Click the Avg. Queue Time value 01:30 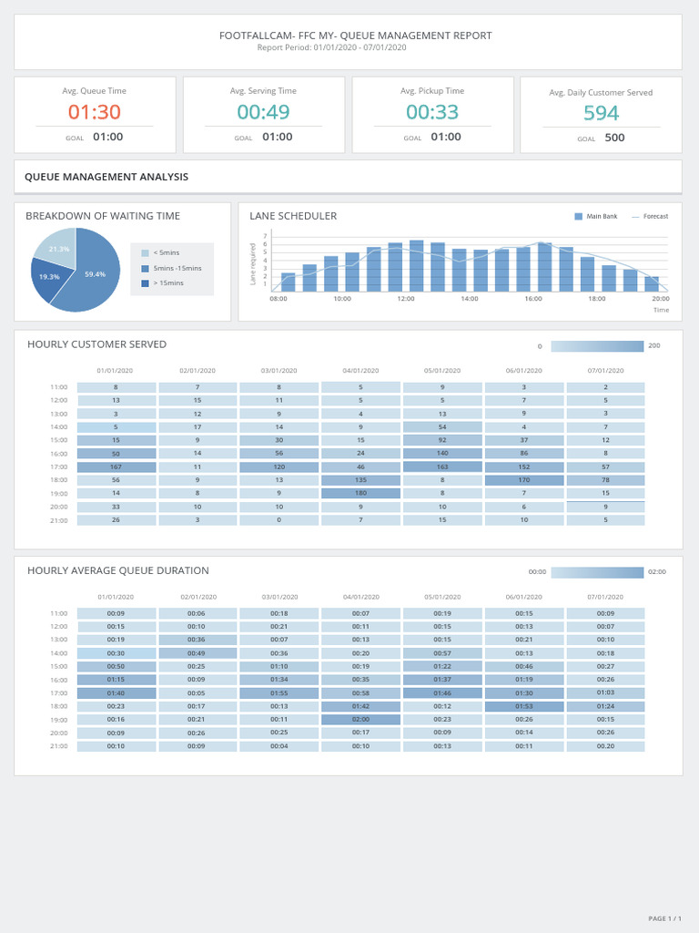[x=95, y=112]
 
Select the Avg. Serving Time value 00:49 [x=264, y=112]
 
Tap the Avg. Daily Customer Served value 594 [x=601, y=113]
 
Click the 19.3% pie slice [x=49, y=277]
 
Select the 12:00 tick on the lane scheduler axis [x=406, y=299]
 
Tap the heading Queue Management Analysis [x=106, y=177]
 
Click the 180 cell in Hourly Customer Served [x=360, y=493]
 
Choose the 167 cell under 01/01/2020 [x=116, y=466]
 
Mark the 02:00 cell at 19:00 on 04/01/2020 [x=360, y=719]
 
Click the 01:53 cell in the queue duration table [x=524, y=706]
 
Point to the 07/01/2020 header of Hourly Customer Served [x=605, y=371]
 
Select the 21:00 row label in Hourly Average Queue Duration [x=58, y=746]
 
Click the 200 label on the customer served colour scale [x=653, y=346]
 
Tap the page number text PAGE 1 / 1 [x=664, y=918]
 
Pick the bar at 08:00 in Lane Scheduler [x=288, y=282]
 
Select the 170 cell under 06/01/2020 [x=524, y=480]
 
